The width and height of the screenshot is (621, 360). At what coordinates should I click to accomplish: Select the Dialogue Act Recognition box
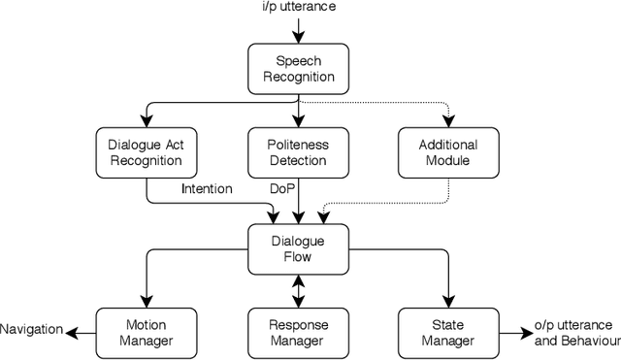(147, 152)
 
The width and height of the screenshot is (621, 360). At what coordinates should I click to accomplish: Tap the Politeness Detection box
(298, 152)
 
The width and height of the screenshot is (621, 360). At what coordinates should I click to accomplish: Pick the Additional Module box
(449, 152)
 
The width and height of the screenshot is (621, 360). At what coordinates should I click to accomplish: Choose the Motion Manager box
(147, 332)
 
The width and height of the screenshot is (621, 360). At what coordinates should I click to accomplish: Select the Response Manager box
(298, 332)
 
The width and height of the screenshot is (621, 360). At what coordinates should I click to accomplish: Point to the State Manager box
(449, 332)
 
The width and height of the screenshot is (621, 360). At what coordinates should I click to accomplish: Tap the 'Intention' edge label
(207, 189)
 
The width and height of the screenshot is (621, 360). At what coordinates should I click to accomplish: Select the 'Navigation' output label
(31, 331)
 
